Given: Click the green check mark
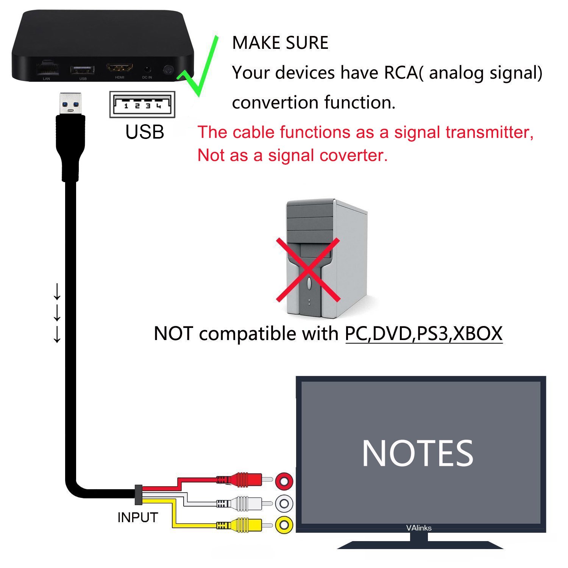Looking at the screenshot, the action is [x=198, y=66].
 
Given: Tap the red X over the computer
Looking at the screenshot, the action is [x=308, y=270].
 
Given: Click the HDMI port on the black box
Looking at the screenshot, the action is [x=120, y=68].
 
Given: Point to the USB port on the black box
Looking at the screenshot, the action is [x=82, y=70].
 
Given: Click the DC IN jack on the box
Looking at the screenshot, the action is [x=147, y=70].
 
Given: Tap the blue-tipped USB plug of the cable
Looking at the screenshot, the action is [x=70, y=103].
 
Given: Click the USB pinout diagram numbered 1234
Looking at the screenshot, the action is [x=142, y=105].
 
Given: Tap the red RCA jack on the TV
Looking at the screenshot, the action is [x=284, y=481].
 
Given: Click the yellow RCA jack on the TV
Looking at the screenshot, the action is [x=284, y=525].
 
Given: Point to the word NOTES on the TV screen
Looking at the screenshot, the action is [x=417, y=453].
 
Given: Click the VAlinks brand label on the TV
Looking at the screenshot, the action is [x=419, y=528].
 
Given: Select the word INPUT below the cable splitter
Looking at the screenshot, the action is [x=137, y=517].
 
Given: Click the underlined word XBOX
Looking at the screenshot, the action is [x=478, y=334].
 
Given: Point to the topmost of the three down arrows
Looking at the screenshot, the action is [x=57, y=291].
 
